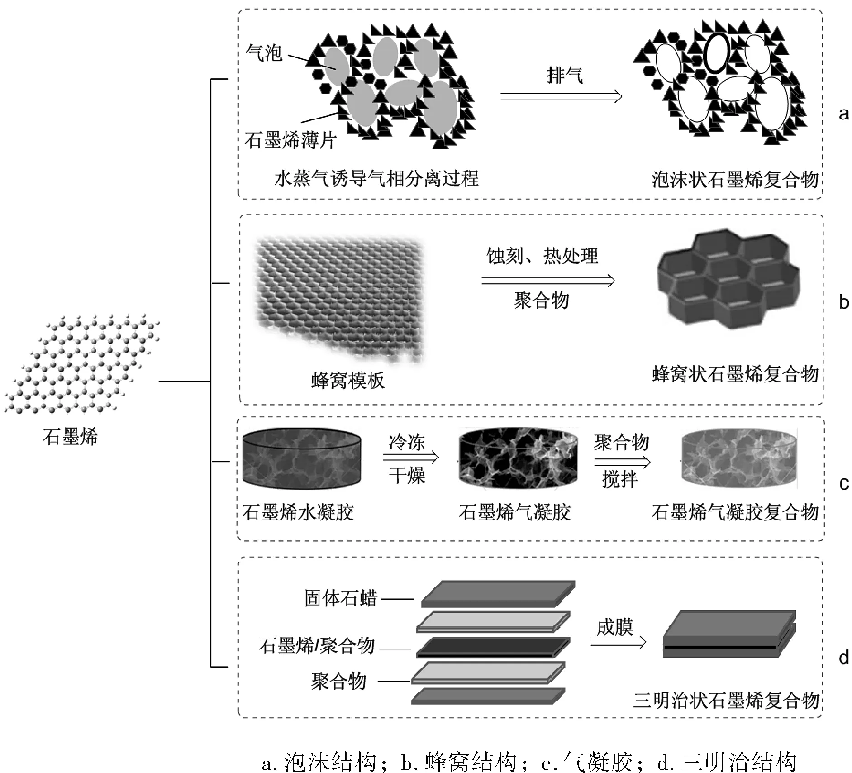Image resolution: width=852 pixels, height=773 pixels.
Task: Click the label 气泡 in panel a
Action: [x=264, y=53]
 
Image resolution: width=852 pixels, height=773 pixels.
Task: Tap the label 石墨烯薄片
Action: [x=290, y=141]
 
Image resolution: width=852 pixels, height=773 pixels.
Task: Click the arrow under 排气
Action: [x=561, y=96]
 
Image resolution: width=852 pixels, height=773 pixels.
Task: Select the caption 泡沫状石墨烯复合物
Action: [x=735, y=180]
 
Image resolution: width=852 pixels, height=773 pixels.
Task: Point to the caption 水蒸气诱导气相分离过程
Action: [x=376, y=179]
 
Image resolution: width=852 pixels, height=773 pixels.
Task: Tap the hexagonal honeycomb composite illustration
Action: [x=728, y=281]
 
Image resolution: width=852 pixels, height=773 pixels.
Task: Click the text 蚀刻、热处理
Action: [x=542, y=256]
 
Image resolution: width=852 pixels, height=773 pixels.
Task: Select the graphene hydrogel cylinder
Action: [x=302, y=458]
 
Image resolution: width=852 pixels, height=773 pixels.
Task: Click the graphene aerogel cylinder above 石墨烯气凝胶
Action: [x=518, y=458]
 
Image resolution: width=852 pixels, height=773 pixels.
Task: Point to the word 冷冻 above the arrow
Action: [x=407, y=442]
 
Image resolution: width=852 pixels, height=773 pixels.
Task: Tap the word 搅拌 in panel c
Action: [x=620, y=479]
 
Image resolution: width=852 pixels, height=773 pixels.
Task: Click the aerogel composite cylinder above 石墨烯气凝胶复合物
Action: [x=738, y=458]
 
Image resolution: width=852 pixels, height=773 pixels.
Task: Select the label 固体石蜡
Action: [x=340, y=598]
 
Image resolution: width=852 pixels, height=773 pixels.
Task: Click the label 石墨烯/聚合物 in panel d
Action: [x=317, y=645]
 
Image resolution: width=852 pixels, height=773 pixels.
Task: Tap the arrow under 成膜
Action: [x=619, y=642]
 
